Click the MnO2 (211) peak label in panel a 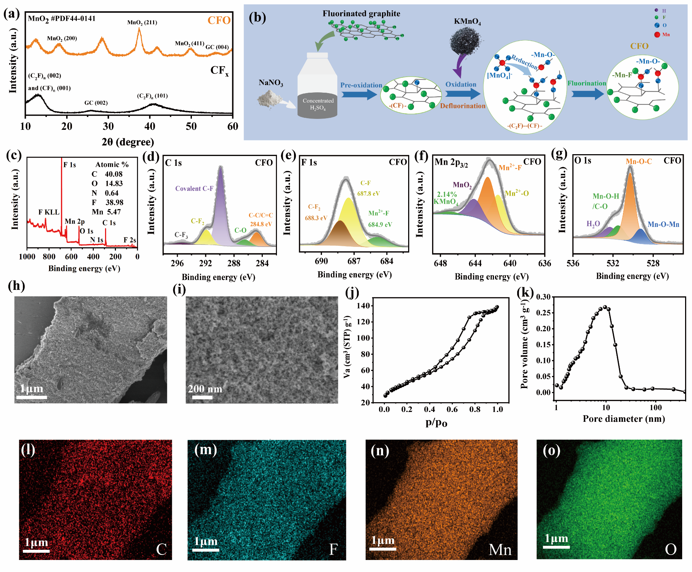point(142,23)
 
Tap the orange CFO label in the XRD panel point(219,20)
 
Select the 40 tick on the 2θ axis point(150,127)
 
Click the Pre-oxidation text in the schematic point(361,85)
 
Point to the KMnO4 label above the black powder point(467,21)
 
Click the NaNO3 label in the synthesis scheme point(271,83)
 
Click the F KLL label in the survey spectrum point(49,212)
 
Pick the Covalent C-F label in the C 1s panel point(194,188)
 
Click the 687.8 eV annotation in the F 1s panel point(369,193)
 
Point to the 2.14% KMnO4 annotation point(446,198)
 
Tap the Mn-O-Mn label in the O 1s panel point(663,224)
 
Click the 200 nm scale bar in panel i point(202,397)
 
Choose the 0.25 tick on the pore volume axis point(543,313)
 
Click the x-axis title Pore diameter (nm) point(624,419)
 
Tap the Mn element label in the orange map point(500,549)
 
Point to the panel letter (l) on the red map point(28,450)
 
